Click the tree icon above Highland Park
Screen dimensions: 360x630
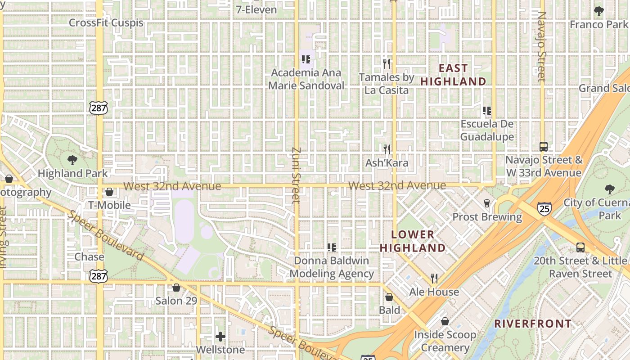(x=72, y=160)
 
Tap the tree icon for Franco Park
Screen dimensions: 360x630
(x=598, y=11)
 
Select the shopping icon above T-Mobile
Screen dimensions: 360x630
(x=109, y=192)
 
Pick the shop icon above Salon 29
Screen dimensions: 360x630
(x=176, y=288)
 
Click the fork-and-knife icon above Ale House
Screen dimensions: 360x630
(x=434, y=279)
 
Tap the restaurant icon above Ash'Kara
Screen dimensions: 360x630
(x=387, y=149)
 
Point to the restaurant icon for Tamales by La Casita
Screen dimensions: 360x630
(x=386, y=63)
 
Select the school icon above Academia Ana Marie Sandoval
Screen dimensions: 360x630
(x=306, y=59)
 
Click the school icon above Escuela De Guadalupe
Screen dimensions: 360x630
(x=486, y=110)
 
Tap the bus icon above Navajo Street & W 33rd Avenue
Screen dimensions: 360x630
(x=544, y=147)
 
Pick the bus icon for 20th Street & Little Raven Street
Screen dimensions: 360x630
(x=580, y=247)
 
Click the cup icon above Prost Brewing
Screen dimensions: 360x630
(x=486, y=203)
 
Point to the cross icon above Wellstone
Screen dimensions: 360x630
(x=220, y=336)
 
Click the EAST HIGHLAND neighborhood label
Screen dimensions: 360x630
(x=453, y=75)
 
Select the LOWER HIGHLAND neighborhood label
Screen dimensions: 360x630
(x=413, y=241)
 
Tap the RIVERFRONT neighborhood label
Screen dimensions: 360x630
(x=533, y=324)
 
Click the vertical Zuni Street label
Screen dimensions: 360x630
(x=296, y=175)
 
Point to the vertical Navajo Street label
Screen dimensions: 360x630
(x=542, y=47)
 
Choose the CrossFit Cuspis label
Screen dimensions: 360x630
(x=106, y=22)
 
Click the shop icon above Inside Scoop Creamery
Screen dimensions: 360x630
(x=445, y=321)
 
